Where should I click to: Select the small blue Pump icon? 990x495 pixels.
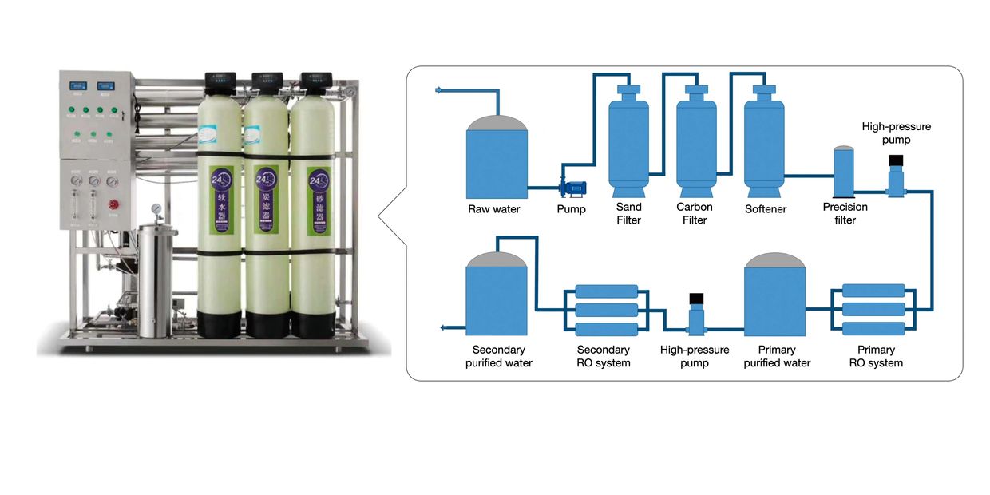click(573, 188)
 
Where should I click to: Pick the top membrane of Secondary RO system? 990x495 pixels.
click(607, 291)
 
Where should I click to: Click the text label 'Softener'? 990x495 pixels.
click(766, 209)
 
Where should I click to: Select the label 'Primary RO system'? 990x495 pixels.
click(876, 356)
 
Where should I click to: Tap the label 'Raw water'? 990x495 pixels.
click(494, 209)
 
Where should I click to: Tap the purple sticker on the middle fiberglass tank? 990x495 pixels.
click(263, 199)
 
